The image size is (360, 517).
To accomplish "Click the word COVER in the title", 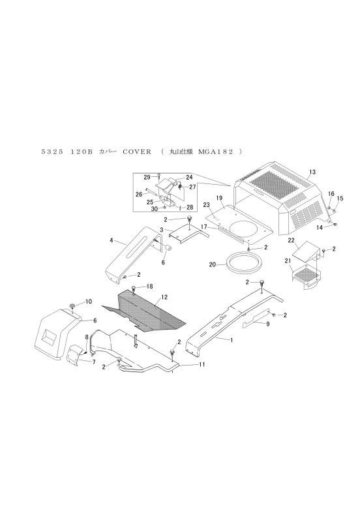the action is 137,152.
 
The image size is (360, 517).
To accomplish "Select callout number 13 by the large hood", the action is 312,172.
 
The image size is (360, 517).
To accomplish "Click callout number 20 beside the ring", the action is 213,264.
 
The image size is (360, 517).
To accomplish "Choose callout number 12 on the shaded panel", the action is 164,297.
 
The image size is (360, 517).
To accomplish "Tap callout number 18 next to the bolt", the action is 149,287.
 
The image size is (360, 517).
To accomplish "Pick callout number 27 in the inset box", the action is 192,187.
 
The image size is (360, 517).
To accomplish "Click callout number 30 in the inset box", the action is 154,208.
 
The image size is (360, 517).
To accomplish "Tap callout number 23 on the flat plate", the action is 207,205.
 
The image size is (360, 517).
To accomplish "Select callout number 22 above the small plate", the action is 291,240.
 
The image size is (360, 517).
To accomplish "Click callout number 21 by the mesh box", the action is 288,261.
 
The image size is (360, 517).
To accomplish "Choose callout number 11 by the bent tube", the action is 202,364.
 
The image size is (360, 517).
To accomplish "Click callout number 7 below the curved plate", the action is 94,362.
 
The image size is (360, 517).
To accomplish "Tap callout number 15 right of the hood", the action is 340,198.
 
